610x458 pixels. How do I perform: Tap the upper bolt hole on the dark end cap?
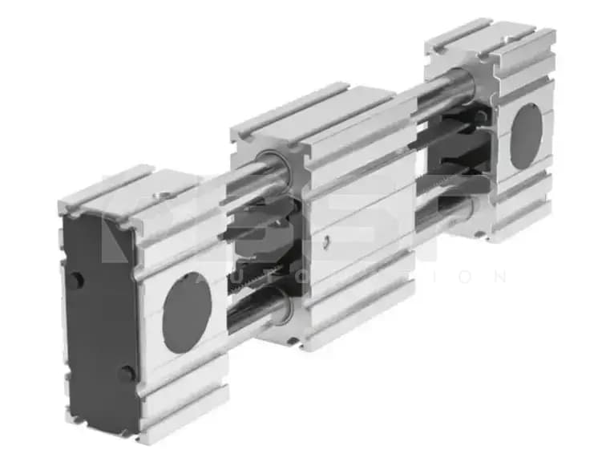(x=76, y=281)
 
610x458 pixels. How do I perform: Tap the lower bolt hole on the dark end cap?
(x=126, y=374)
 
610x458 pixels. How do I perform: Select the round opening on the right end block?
(x=526, y=136)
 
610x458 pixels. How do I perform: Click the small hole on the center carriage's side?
(x=327, y=241)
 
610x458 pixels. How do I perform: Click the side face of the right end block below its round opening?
(x=525, y=197)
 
